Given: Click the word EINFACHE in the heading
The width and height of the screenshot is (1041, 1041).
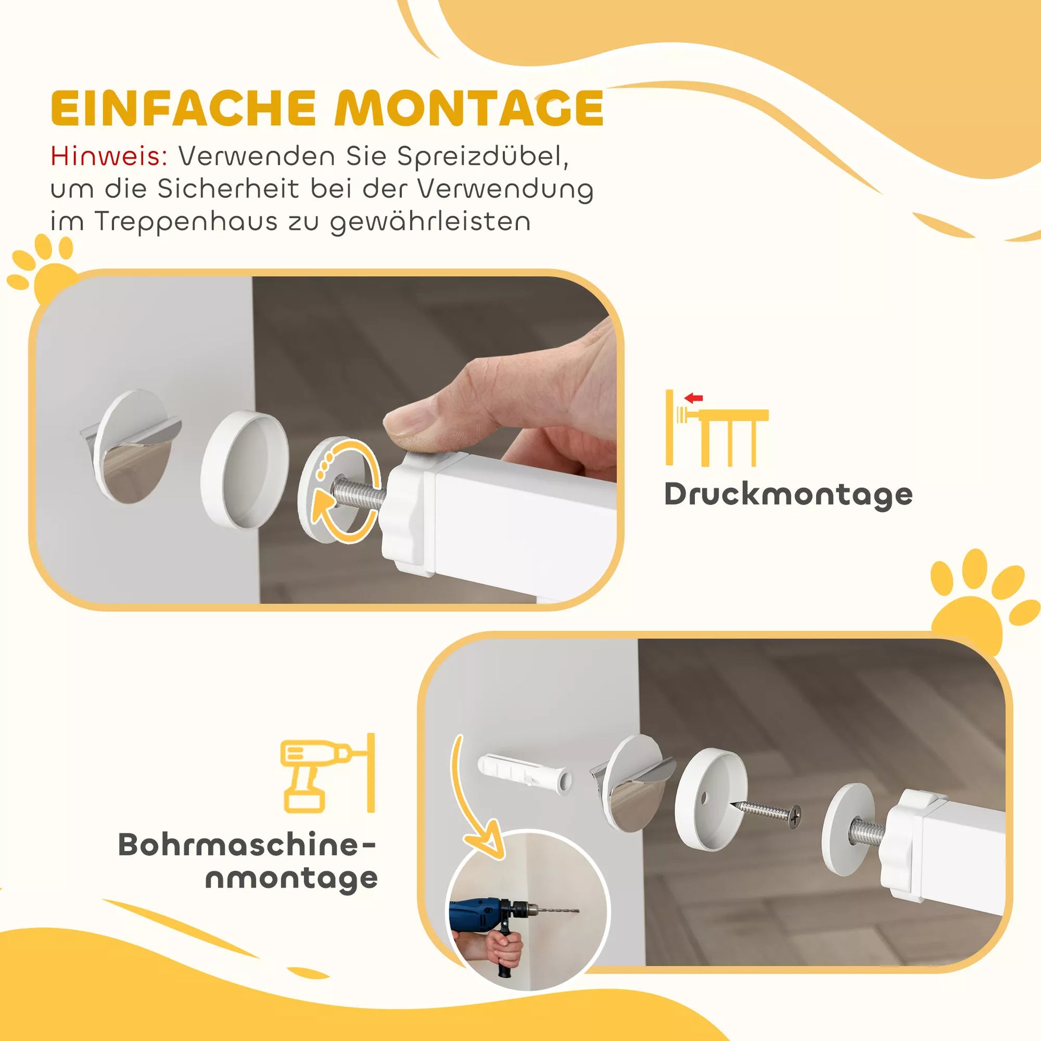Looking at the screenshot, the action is coord(183,108).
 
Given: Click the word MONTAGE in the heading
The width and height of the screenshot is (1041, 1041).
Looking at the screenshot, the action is coord(469,108).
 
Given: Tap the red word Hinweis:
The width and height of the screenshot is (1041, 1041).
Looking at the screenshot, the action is coord(109,156).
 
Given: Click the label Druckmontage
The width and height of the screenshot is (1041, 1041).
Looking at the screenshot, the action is coord(789,495).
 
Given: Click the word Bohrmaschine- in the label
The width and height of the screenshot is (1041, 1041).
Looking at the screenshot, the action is coord(247,844).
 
